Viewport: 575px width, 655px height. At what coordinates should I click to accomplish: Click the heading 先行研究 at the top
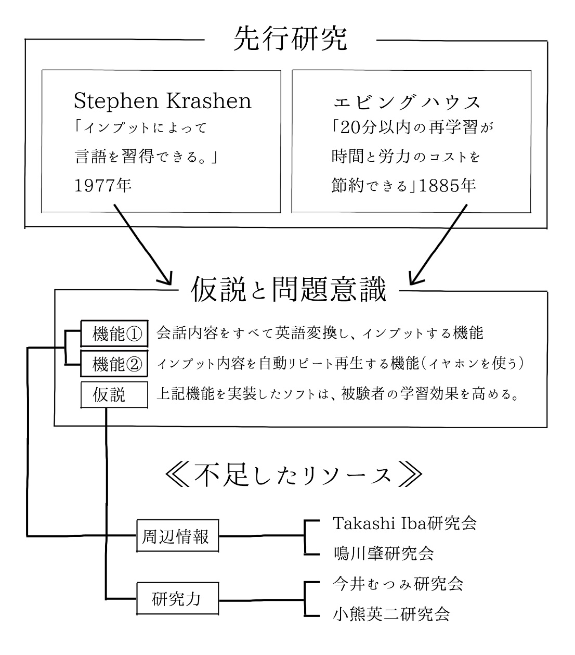click(290, 39)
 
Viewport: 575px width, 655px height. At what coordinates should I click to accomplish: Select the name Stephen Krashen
click(163, 100)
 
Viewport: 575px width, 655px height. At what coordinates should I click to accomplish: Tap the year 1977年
click(103, 186)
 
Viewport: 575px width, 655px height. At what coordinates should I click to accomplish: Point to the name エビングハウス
click(407, 102)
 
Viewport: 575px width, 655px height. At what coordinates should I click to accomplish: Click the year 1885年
click(447, 186)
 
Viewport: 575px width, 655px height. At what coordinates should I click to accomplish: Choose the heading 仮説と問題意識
click(289, 289)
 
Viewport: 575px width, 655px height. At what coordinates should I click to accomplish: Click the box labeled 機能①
click(114, 333)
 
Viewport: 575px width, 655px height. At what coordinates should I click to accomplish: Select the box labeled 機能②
click(114, 364)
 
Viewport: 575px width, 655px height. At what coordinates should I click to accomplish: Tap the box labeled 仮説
click(114, 395)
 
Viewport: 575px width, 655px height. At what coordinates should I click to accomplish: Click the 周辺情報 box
click(178, 536)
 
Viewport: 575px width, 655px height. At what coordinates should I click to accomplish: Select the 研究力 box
click(178, 598)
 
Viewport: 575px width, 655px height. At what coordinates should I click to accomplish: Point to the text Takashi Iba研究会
click(405, 523)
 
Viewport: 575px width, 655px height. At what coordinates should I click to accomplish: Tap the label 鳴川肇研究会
click(384, 554)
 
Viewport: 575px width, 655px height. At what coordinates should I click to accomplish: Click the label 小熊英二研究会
click(391, 614)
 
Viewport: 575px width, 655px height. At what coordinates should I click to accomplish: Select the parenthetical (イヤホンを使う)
click(473, 364)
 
